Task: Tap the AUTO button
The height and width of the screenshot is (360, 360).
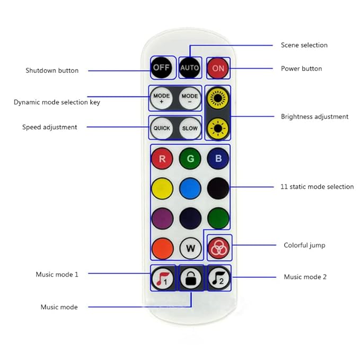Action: tap(189, 68)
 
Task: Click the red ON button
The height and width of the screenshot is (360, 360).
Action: tap(218, 68)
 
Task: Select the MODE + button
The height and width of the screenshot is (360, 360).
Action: tap(161, 99)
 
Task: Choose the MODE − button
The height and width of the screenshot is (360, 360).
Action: tap(189, 99)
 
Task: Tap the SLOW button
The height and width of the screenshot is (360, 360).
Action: tap(189, 128)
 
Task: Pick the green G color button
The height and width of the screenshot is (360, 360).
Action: tap(189, 158)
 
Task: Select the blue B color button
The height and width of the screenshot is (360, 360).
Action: tap(218, 158)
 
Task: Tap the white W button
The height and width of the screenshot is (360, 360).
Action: tap(189, 248)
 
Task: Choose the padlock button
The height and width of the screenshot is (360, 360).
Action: tap(189, 278)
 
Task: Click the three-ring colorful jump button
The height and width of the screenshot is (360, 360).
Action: tap(218, 247)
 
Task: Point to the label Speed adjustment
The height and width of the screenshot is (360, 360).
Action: tap(50, 127)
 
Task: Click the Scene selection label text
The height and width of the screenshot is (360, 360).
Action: tap(304, 45)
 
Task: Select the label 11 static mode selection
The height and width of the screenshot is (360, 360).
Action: tap(317, 187)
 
